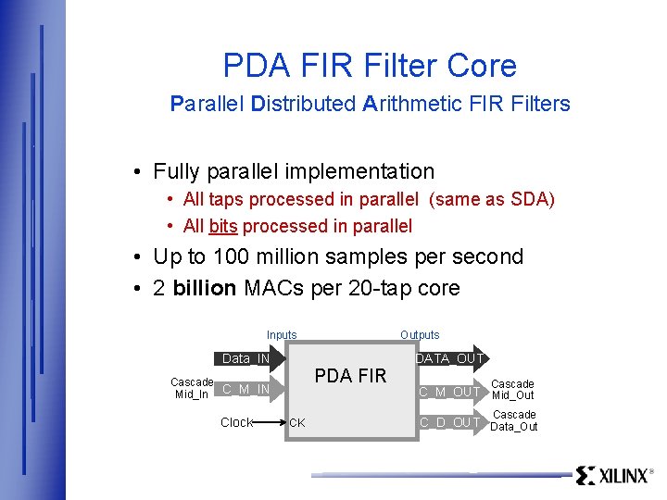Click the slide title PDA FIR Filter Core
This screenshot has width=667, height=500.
370,66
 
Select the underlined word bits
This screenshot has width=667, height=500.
222,226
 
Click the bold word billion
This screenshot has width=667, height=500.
204,288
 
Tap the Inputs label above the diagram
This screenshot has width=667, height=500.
282,334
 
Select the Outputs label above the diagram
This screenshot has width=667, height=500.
420,334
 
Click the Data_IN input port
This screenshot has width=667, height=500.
246,358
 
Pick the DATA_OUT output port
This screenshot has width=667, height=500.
450,358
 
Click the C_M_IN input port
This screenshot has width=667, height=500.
246,389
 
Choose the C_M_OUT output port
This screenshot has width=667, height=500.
450,392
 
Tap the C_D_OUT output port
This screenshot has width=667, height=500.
450,422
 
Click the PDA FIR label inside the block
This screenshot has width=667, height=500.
350,376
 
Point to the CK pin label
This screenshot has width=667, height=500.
297,423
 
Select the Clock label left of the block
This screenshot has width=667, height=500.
236,422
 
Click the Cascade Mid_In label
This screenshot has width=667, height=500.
192,388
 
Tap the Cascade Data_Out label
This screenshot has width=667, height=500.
514,420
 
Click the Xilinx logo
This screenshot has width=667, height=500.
614,475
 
